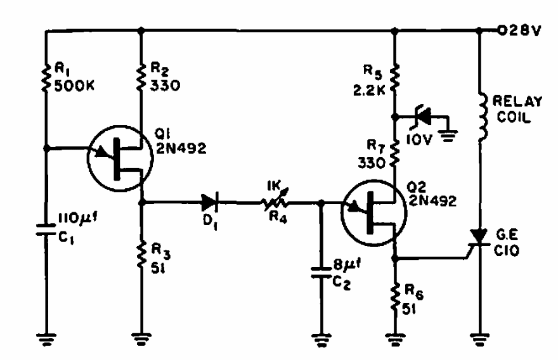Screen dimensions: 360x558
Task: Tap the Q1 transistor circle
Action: pos(119,158)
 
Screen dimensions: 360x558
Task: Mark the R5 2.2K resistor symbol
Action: pos(394,77)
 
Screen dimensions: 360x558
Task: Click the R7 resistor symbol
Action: pos(394,152)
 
